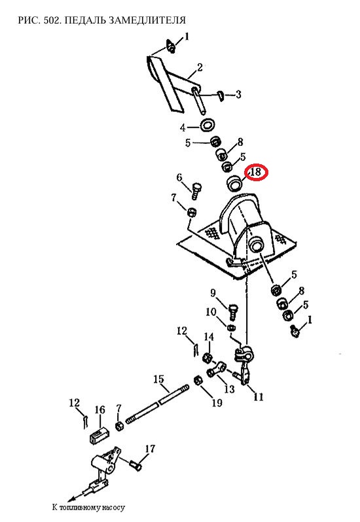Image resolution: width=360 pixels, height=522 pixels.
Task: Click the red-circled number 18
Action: pyautogui.click(x=257, y=172)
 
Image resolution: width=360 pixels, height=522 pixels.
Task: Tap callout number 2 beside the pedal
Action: pyautogui.click(x=200, y=67)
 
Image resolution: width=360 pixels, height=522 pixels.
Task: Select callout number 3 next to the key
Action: pyautogui.click(x=238, y=95)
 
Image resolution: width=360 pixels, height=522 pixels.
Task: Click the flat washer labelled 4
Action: pyautogui.click(x=207, y=126)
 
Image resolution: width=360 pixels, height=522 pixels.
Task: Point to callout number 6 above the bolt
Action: pyautogui.click(x=179, y=177)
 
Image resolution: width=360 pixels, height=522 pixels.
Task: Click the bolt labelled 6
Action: pyautogui.click(x=196, y=190)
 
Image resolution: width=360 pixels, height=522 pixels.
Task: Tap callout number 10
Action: pyautogui.click(x=211, y=312)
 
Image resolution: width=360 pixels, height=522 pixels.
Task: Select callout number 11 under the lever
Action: pyautogui.click(x=259, y=397)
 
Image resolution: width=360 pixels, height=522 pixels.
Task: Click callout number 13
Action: pyautogui.click(x=230, y=389)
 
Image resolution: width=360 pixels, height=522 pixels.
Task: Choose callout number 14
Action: pyautogui.click(x=209, y=337)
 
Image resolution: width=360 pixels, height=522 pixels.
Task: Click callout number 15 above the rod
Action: pyautogui.click(x=158, y=379)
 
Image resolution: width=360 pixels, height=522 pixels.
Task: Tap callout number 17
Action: pyautogui.click(x=150, y=449)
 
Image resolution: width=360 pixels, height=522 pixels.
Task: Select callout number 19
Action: pyautogui.click(x=217, y=403)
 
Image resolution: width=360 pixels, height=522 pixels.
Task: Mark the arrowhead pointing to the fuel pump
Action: pyautogui.click(x=71, y=499)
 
